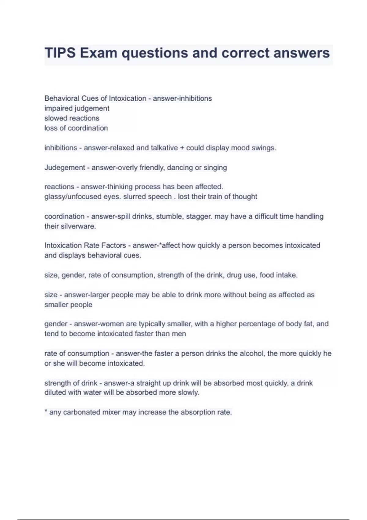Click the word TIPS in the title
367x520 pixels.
point(60,53)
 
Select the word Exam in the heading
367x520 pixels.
point(98,53)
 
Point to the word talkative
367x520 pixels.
point(164,148)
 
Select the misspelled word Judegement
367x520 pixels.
point(65,168)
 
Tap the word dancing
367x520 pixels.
point(180,168)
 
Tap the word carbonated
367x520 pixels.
point(81,412)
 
